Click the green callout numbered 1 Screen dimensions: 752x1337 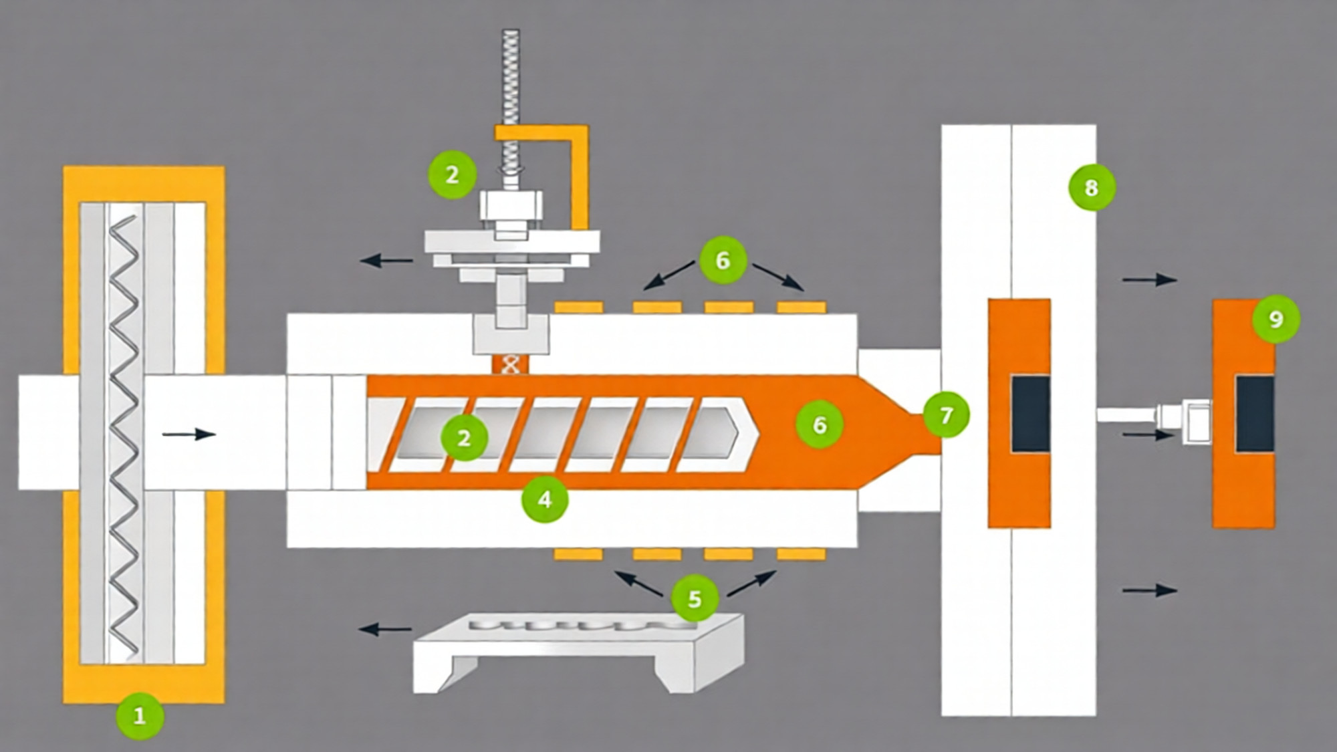[x=140, y=716]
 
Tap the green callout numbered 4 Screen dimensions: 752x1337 [x=545, y=499]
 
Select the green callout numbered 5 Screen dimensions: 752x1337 [x=695, y=598]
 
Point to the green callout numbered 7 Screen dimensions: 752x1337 [x=945, y=415]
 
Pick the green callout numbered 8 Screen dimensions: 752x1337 [x=1091, y=187]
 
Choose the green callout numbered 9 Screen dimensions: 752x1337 [x=1275, y=319]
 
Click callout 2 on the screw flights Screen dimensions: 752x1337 [x=463, y=438]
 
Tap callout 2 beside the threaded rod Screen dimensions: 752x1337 [x=452, y=174]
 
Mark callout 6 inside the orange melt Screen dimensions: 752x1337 [x=819, y=424]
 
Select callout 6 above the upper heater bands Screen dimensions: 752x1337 [x=722, y=259]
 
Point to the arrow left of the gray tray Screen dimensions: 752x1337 [x=386, y=629]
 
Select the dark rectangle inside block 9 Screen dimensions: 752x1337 [x=1254, y=414]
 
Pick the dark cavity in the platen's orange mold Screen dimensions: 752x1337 [x=1030, y=414]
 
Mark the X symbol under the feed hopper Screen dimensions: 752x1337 [x=510, y=365]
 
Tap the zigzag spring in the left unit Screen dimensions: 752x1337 [x=125, y=434]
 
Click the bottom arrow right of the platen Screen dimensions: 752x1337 [x=1149, y=590]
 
